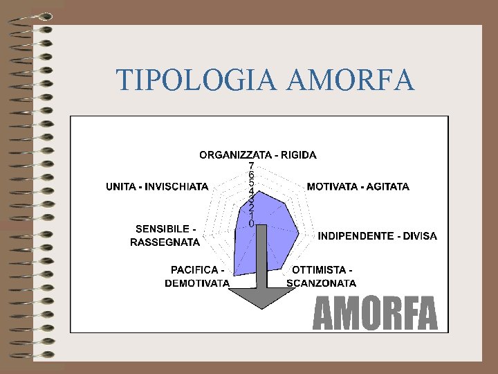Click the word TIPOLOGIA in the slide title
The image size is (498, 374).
click(197, 80)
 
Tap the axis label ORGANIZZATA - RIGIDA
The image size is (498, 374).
click(258, 154)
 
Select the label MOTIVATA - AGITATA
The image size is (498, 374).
click(358, 186)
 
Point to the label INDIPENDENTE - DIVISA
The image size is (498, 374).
click(377, 236)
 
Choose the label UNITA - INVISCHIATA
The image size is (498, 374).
click(157, 186)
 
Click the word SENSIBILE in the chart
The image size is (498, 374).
click(163, 229)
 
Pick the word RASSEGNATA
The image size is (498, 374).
click(165, 242)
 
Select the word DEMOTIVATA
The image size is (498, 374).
click(197, 283)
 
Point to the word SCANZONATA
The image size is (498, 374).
click(322, 283)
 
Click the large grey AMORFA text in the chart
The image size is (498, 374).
click(376, 314)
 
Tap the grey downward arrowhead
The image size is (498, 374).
click(261, 298)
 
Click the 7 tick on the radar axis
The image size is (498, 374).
click(251, 166)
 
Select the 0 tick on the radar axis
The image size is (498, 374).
click(251, 223)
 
